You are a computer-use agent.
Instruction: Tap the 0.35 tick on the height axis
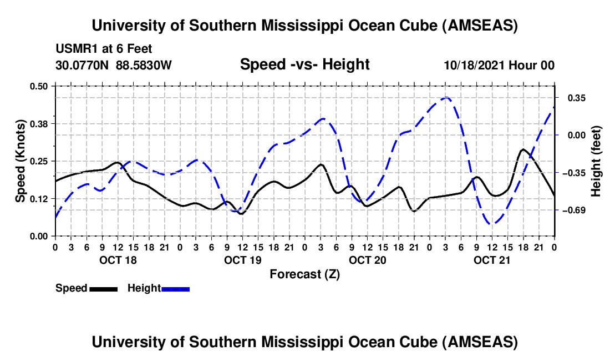576,98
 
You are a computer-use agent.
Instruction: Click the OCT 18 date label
117,260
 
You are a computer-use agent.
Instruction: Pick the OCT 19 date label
242,260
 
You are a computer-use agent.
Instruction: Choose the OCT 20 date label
367,260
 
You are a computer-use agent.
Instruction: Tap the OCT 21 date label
492,260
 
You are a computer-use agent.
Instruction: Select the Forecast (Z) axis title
304,274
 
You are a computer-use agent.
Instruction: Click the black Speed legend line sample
103,289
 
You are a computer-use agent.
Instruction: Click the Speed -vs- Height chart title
304,64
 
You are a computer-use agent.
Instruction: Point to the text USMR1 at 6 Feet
104,49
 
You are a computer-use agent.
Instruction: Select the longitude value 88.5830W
144,65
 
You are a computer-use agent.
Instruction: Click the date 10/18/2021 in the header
475,65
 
